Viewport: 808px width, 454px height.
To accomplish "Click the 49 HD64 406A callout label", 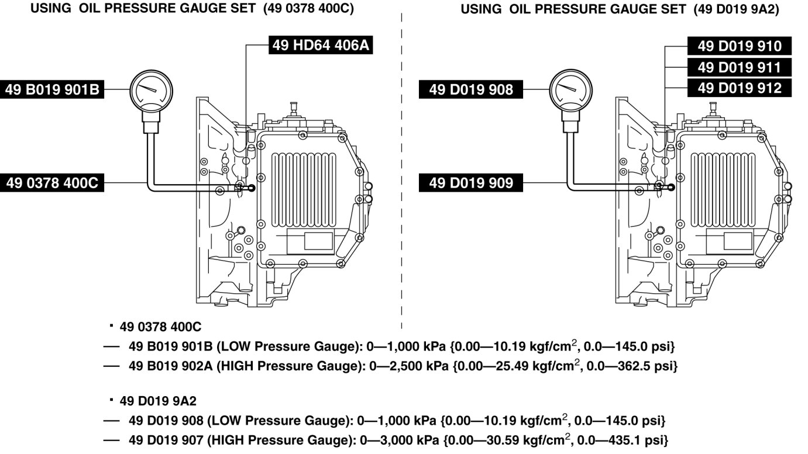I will point(321,46).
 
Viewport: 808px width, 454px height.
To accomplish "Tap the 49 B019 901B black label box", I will point(53,89).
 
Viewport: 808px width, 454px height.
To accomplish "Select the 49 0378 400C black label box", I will point(52,183).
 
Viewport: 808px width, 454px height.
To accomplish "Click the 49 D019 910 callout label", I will point(739,46).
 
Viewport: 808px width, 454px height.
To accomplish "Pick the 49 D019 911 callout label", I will point(739,67).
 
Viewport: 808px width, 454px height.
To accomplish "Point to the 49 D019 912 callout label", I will point(739,88).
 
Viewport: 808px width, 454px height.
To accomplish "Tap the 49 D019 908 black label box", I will point(470,89).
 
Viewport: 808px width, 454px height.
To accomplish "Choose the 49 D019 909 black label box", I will point(470,183).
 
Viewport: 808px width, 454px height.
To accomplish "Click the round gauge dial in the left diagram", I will point(152,89).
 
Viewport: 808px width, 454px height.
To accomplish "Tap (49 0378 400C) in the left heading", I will point(310,10).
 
